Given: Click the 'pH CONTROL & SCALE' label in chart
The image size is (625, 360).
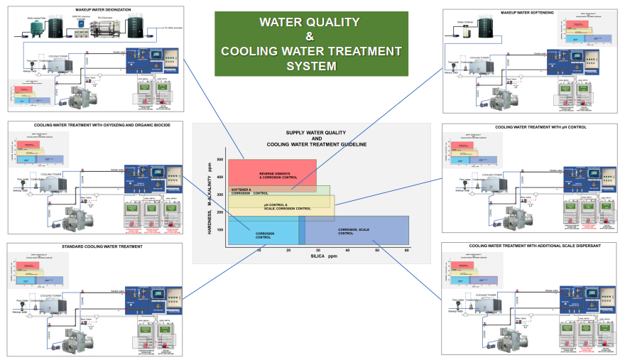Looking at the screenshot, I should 283,207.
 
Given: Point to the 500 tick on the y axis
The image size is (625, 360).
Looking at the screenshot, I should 220,160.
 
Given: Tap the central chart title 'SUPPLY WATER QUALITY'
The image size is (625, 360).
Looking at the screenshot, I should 316,133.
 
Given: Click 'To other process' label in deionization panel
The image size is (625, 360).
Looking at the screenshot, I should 173,28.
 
